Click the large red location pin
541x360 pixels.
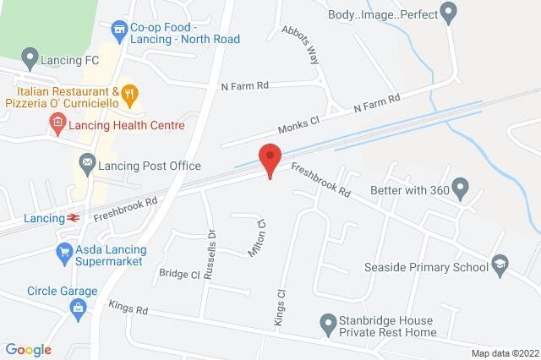point(270,159)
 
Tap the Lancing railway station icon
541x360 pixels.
point(74,218)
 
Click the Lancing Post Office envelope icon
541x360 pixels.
point(86,161)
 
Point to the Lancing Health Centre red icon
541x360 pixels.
point(57,125)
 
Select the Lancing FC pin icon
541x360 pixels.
point(31,59)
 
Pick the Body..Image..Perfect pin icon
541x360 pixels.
point(448,13)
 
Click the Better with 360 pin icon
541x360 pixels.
point(460,186)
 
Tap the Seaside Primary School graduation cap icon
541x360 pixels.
point(500,265)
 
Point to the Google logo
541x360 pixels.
point(28,350)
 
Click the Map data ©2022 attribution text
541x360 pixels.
point(504,352)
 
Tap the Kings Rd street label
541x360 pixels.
point(128,309)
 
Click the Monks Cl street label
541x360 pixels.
point(298,124)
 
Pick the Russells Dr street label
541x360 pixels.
point(212,244)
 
